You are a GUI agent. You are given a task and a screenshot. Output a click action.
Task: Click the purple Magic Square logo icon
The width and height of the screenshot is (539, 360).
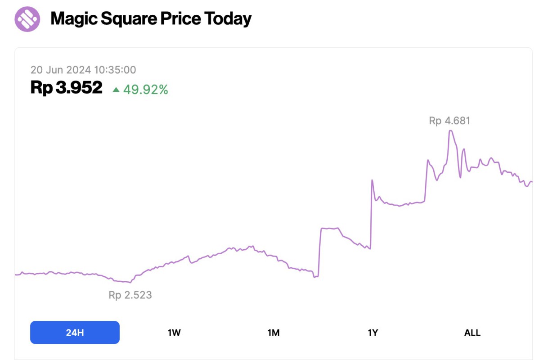click(x=27, y=19)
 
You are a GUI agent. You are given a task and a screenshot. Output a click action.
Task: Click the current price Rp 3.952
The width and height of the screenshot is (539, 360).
click(x=67, y=88)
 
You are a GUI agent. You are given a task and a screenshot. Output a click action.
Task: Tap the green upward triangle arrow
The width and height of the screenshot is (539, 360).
click(x=116, y=90)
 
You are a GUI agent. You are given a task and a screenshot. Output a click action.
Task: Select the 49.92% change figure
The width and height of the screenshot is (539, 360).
click(x=146, y=90)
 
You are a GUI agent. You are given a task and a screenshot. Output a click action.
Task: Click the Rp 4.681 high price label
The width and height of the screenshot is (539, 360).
click(x=449, y=121)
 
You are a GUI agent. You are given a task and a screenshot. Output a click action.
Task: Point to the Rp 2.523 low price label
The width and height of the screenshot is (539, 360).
click(x=130, y=295)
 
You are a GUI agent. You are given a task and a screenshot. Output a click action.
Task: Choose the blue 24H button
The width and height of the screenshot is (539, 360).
click(x=75, y=333)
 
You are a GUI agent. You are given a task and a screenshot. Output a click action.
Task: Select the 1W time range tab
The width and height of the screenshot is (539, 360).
click(x=174, y=333)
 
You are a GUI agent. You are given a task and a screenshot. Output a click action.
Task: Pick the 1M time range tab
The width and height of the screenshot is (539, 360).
click(x=274, y=333)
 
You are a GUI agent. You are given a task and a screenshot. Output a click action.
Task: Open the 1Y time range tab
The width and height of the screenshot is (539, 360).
click(x=373, y=333)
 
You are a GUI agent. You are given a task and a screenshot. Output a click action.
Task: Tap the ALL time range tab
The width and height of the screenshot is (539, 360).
click(x=472, y=333)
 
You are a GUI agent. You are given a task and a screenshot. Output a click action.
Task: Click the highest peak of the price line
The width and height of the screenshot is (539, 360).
click(x=450, y=130)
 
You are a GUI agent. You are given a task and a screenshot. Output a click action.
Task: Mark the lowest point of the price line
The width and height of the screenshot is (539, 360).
click(x=130, y=283)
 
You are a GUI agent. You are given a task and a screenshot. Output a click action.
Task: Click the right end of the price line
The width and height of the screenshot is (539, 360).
click(x=531, y=182)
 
